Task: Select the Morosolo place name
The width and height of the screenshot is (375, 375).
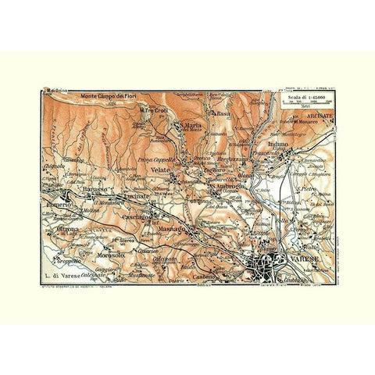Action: coord(109,255)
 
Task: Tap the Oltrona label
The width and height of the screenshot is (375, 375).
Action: coord(70,229)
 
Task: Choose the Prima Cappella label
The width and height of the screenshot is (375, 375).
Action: coord(155,160)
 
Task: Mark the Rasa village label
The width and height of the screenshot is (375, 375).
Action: coord(223,113)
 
